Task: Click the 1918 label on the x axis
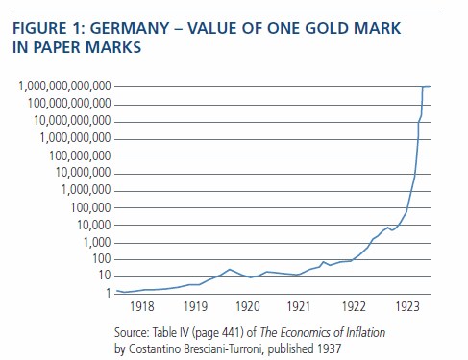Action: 142,306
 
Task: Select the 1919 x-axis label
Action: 195,306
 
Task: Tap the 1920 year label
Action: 248,306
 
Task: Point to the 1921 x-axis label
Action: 299,306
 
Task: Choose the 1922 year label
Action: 354,306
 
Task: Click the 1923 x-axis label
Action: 407,306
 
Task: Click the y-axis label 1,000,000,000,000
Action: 64,86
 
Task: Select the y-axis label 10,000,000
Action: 84,173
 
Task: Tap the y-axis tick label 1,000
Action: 97,243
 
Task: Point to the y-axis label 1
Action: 109,293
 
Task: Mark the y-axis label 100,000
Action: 90,208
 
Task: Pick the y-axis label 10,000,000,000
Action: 72,121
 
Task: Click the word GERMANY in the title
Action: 130,28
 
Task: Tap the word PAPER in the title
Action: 57,47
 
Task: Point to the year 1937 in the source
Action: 330,348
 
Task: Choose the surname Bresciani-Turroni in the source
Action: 195,348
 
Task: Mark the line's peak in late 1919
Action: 230,269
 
